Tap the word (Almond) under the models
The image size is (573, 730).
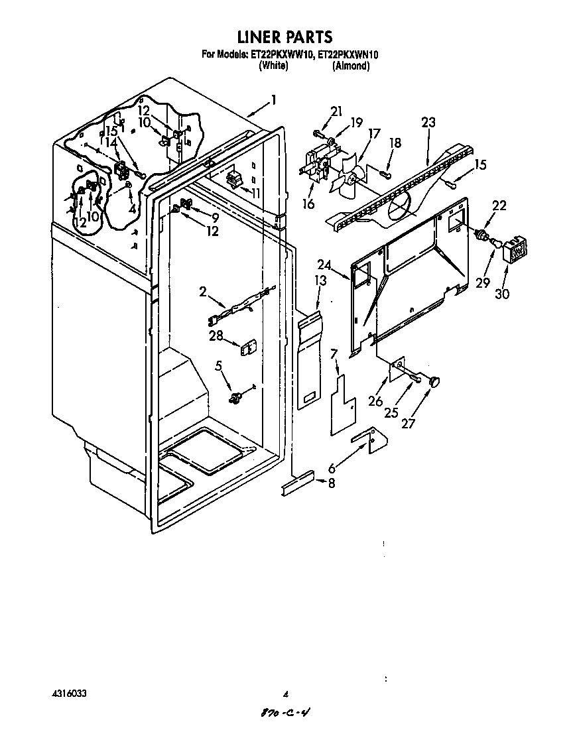351,66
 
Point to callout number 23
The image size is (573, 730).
428,122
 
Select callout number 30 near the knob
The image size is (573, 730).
502,292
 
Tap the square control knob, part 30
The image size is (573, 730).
517,251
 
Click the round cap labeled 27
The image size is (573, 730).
435,381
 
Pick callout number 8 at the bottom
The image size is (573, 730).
332,483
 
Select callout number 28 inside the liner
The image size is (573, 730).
216,335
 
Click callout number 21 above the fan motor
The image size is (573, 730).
336,111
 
